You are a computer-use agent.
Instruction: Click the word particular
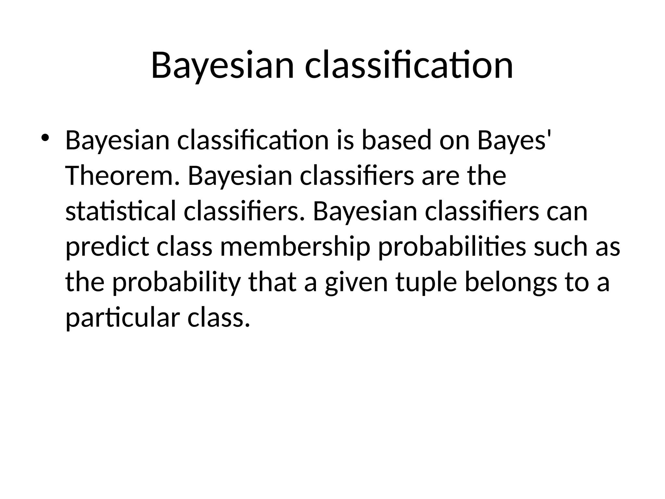122,318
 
